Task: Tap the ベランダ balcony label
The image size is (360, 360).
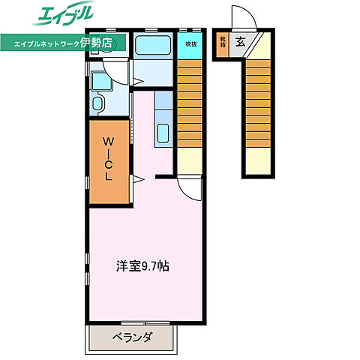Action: pyautogui.click(x=133, y=337)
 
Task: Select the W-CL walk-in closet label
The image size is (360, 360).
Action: pyautogui.click(x=109, y=159)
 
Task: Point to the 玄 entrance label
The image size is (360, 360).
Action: pyautogui.click(x=241, y=41)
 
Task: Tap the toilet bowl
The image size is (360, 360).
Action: pyautogui.click(x=97, y=103)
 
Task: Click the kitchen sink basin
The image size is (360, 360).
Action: pyautogui.click(x=164, y=134)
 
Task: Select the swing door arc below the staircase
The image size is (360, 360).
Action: pyautogui.click(x=188, y=187)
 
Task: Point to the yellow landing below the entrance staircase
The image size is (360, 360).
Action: pyautogui.click(x=258, y=162)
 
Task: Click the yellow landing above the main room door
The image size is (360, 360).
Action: pyautogui.click(x=190, y=162)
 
